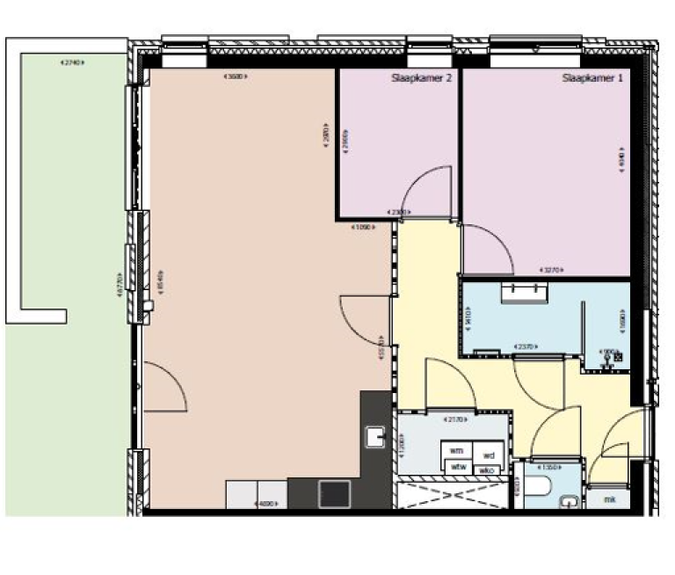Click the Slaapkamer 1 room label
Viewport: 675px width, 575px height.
tap(592, 78)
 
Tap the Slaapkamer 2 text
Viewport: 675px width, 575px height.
tap(422, 78)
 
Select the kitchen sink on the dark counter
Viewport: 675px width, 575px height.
tap(376, 437)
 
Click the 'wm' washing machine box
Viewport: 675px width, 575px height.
tap(456, 451)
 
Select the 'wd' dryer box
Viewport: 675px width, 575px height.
tap(489, 455)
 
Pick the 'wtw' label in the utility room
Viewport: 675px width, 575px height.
tap(457, 467)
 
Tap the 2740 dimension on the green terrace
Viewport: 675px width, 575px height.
tap(69, 63)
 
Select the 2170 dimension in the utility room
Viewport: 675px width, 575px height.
tap(454, 419)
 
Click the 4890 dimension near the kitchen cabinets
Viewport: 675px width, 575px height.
tap(266, 504)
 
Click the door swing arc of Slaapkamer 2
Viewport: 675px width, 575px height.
tap(421, 189)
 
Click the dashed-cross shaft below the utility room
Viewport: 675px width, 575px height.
tap(452, 492)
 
